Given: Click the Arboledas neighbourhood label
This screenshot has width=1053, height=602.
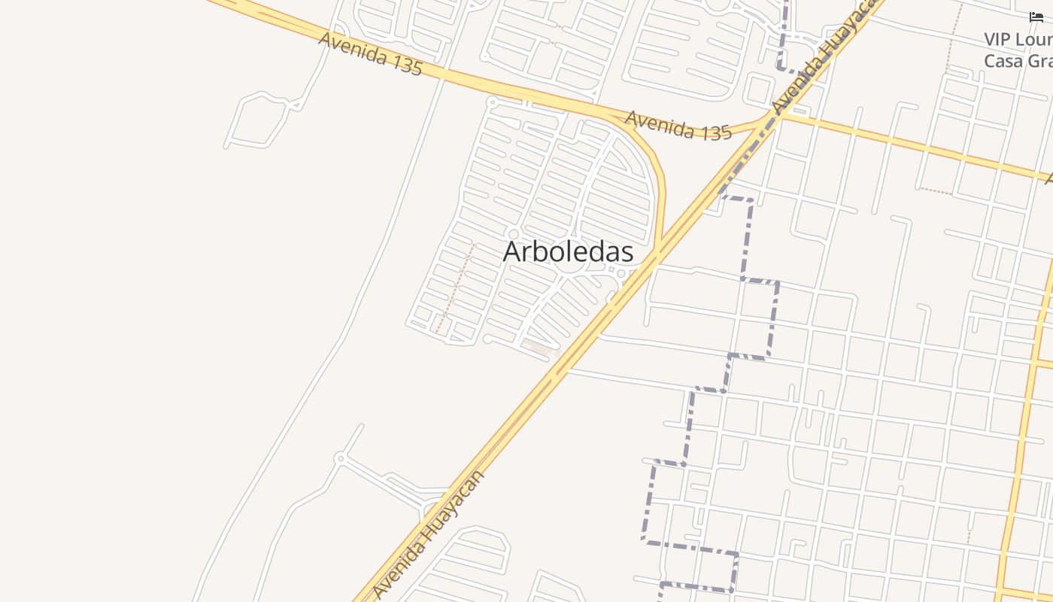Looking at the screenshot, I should pyautogui.click(x=568, y=252).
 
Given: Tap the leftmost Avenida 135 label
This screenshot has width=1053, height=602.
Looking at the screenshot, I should pyautogui.click(x=370, y=53).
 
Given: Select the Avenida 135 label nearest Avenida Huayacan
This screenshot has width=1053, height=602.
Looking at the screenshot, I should pyautogui.click(x=678, y=126).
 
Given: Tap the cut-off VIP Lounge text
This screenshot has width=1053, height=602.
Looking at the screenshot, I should pyautogui.click(x=1018, y=39).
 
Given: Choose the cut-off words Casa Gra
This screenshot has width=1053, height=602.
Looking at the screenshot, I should pyautogui.click(x=1018, y=61).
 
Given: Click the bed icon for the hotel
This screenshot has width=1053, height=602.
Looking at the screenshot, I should pyautogui.click(x=1036, y=17).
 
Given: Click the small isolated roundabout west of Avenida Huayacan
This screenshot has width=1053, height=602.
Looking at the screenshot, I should pyautogui.click(x=340, y=458).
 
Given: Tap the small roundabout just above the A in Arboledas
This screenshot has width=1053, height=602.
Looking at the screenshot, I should pyautogui.click(x=514, y=234).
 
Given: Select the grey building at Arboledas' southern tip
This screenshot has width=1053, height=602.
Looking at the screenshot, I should pyautogui.click(x=539, y=348).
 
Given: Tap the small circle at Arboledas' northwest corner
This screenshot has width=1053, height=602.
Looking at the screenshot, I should pyautogui.click(x=493, y=102).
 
